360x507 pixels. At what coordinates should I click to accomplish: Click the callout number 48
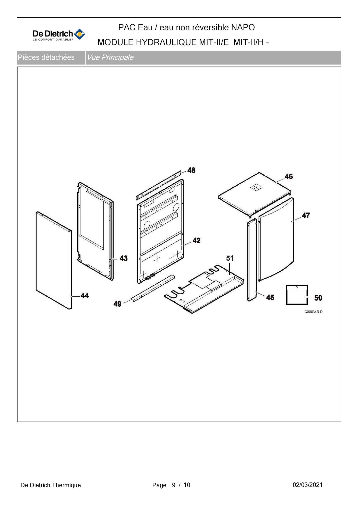pyautogui.click(x=191, y=170)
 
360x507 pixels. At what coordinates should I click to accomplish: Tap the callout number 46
pyautogui.click(x=289, y=176)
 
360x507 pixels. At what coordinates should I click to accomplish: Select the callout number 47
pyautogui.click(x=306, y=215)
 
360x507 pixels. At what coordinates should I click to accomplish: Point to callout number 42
pyautogui.click(x=197, y=240)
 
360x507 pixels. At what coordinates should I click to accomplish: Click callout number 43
pyautogui.click(x=124, y=258)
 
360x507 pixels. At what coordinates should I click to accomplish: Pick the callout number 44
pyautogui.click(x=85, y=296)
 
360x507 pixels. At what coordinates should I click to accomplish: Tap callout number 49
pyautogui.click(x=117, y=304)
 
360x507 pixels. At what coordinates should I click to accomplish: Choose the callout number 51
pyautogui.click(x=230, y=258)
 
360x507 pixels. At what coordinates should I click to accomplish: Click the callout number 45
pyautogui.click(x=270, y=297)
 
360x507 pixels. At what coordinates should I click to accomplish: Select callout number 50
pyautogui.click(x=318, y=298)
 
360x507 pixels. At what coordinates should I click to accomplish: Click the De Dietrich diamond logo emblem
pyautogui.click(x=79, y=34)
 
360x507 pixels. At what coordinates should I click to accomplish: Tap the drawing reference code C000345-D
pyautogui.click(x=314, y=312)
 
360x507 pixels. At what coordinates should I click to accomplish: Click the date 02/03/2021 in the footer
pyautogui.click(x=308, y=485)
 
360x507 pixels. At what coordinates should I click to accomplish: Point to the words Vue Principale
pyautogui.click(x=110, y=57)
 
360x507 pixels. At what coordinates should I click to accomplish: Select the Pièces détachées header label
pyautogui.click(x=46, y=57)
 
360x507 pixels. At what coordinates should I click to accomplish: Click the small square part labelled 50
pyautogui.click(x=297, y=295)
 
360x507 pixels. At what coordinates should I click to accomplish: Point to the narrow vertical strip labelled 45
pyautogui.click(x=252, y=260)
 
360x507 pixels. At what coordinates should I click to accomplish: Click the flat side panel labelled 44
pyautogui.click(x=54, y=260)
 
